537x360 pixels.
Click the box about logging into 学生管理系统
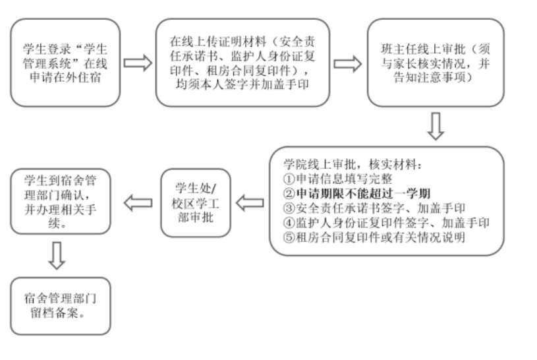coord(65,62)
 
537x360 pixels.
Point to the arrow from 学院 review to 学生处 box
coord(250,203)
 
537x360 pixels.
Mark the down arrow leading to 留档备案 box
coord(58,256)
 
